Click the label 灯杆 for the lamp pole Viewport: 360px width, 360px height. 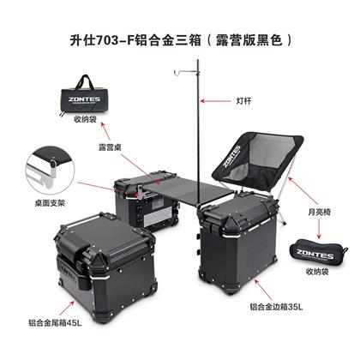pyautogui.click(x=243, y=101)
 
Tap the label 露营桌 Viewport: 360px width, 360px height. pyautogui.click(x=110, y=147)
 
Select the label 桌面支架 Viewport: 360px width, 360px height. pyautogui.click(x=50, y=203)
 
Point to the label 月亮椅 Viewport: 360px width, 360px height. pyautogui.click(x=319, y=212)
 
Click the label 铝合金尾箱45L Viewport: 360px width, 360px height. pyautogui.click(x=55, y=323)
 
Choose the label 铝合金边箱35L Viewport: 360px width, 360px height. pyautogui.click(x=276, y=307)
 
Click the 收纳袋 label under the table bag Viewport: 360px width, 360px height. pyautogui.click(x=85, y=119)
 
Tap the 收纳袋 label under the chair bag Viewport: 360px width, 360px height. pyautogui.click(x=317, y=271)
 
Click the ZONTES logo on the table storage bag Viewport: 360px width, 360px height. pyautogui.click(x=84, y=99)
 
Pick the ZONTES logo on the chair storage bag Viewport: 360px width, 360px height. pyautogui.click(x=315, y=254)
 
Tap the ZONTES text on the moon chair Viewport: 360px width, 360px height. pyautogui.click(x=231, y=156)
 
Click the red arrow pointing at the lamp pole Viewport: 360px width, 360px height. pyautogui.click(x=215, y=101)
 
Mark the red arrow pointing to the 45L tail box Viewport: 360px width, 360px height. pyautogui.click(x=67, y=308)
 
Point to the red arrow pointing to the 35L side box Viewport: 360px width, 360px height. pyautogui.click(x=263, y=290)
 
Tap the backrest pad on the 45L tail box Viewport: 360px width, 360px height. pyautogui.click(x=72, y=244)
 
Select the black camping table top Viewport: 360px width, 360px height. pyautogui.click(x=186, y=190)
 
